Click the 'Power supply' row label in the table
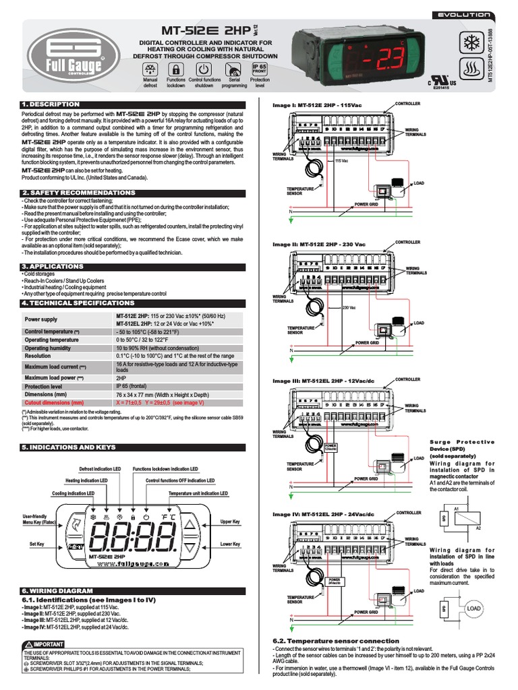click(41, 319)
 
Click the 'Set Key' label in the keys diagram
click(37, 542)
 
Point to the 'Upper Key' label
click(230, 522)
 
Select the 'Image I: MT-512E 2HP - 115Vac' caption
click(318, 106)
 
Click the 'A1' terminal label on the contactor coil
click(457, 506)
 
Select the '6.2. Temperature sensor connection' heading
click(335, 641)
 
